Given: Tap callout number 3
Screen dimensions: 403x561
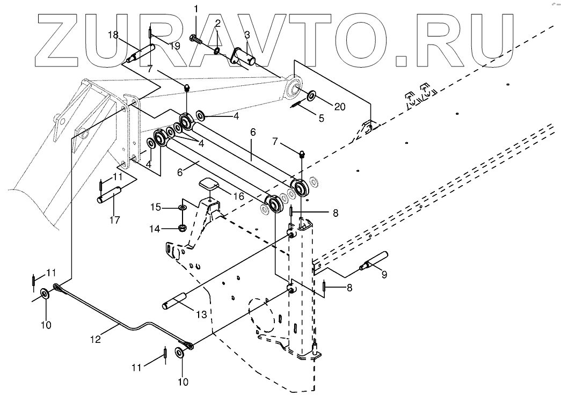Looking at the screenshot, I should click(246, 35).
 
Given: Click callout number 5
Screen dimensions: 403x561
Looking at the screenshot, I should click(322, 117).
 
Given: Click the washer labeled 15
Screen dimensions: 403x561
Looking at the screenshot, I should click(183, 207).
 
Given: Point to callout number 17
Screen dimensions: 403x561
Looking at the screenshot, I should click(114, 220).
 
